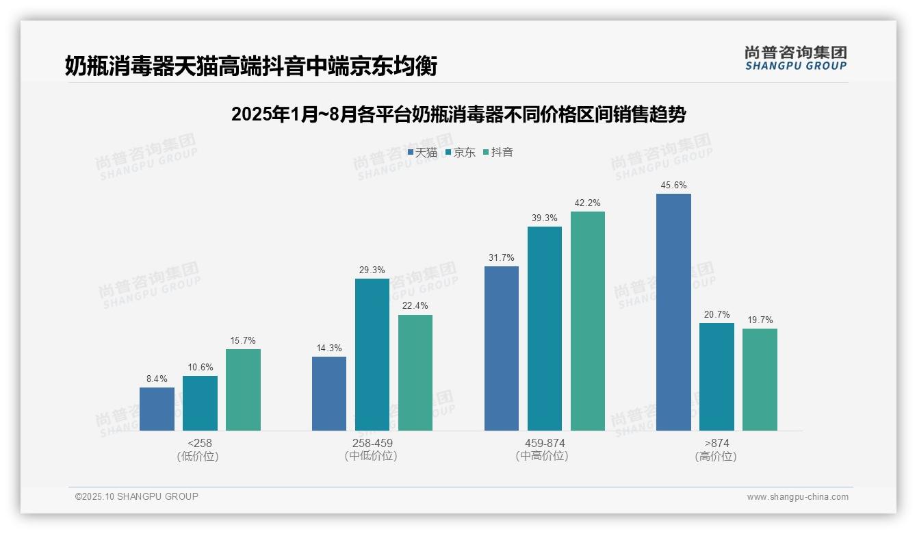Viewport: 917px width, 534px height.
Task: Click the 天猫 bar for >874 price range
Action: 673,312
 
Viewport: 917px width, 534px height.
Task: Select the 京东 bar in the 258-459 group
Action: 372,355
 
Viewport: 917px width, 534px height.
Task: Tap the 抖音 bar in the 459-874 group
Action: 587,321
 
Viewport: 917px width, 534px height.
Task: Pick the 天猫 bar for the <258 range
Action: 157,409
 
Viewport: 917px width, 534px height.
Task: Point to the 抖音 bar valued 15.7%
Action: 243,390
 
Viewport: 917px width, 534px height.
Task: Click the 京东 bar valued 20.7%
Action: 716,377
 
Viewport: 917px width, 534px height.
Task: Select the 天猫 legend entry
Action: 422,152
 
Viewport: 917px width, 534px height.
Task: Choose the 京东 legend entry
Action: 461,152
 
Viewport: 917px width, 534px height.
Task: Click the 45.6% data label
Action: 673,186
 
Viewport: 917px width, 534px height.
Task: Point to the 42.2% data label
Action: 587,203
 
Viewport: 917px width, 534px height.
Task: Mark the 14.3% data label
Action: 329,348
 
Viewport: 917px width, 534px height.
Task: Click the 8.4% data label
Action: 157,379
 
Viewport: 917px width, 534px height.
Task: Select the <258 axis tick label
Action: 200,443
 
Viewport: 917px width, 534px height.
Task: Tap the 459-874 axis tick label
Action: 545,443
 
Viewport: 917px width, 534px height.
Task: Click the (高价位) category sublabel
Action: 716,456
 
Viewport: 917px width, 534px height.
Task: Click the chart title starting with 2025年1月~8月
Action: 458,114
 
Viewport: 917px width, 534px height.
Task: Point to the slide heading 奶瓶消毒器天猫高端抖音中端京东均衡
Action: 250,66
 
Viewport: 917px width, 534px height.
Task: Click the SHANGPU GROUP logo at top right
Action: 795,58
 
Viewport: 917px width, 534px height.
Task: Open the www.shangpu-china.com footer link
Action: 797,497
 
